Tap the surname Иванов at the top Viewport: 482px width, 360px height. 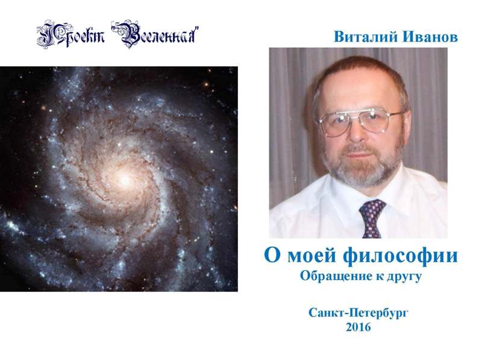pyautogui.click(x=431, y=37)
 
